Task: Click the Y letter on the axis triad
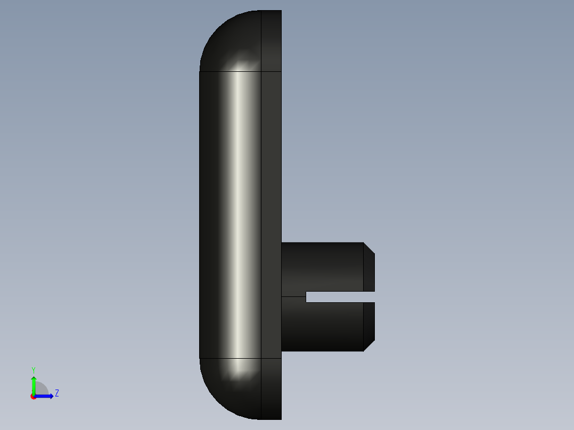click(34, 369)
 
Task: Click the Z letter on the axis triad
click(56, 393)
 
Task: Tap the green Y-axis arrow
click(34, 383)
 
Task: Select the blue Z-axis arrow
click(46, 396)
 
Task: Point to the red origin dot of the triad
click(33, 396)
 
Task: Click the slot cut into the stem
click(341, 297)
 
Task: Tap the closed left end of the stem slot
click(307, 297)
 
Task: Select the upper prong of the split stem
click(322, 266)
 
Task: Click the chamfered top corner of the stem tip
click(369, 248)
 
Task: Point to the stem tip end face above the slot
click(369, 272)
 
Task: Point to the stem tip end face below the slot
click(369, 321)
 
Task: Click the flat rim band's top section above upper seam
click(271, 40)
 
